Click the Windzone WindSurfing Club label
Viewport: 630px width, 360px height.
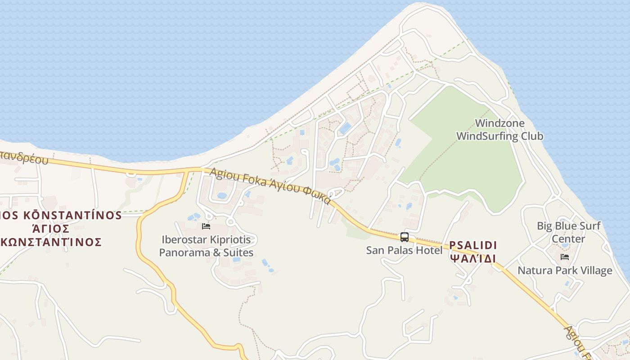point(499,130)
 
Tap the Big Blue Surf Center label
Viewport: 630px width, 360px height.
point(568,232)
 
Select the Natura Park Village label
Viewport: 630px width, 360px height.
point(565,270)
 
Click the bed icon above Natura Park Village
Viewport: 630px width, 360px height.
point(565,257)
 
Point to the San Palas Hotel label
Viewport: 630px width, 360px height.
point(404,250)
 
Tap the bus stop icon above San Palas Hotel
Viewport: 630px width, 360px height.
point(404,237)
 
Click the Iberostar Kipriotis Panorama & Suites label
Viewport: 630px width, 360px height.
point(206,246)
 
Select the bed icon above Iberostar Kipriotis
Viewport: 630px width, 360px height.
point(206,226)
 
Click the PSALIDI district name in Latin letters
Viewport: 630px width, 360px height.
point(473,245)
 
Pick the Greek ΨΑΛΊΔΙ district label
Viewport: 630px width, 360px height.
point(473,259)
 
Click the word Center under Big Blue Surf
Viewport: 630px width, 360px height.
point(568,238)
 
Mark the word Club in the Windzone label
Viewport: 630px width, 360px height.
point(532,136)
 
